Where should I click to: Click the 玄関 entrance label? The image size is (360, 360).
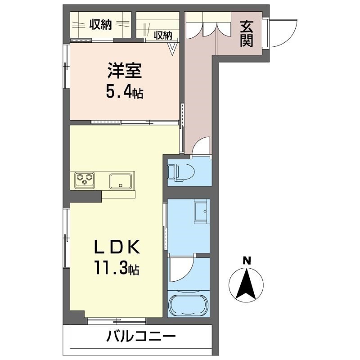pyautogui.click(x=246, y=34)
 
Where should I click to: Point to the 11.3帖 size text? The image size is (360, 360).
pyautogui.click(x=116, y=269)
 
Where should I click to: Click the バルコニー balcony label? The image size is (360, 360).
pyautogui.click(x=141, y=337)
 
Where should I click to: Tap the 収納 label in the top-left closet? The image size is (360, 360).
pyautogui.click(x=100, y=25)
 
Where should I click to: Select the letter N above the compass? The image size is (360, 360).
pyautogui.click(x=246, y=261)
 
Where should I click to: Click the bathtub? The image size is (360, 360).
pyautogui.click(x=188, y=305)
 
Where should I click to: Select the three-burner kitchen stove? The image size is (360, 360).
pyautogui.click(x=84, y=180)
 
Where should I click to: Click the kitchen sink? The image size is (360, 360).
pyautogui.click(x=121, y=181)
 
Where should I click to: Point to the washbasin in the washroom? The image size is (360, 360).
pyautogui.click(x=201, y=211)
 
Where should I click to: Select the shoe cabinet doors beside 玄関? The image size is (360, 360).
pyautogui.click(x=208, y=27)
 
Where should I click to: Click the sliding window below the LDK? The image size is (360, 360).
pyautogui.click(x=117, y=321)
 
